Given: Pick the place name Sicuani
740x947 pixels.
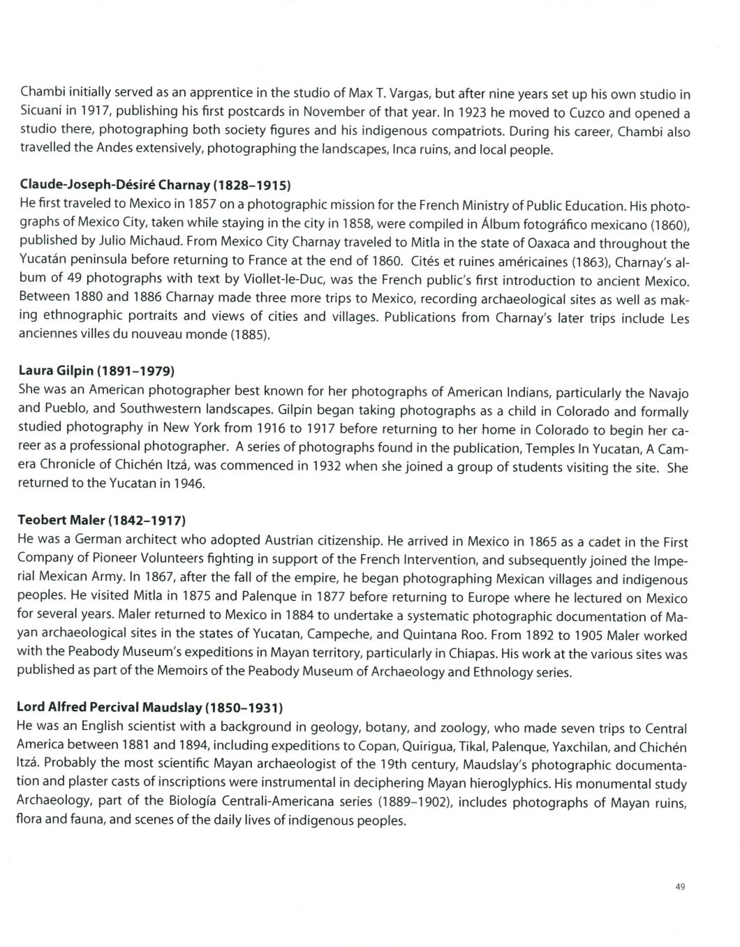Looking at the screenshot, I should pyautogui.click(x=41, y=112).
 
